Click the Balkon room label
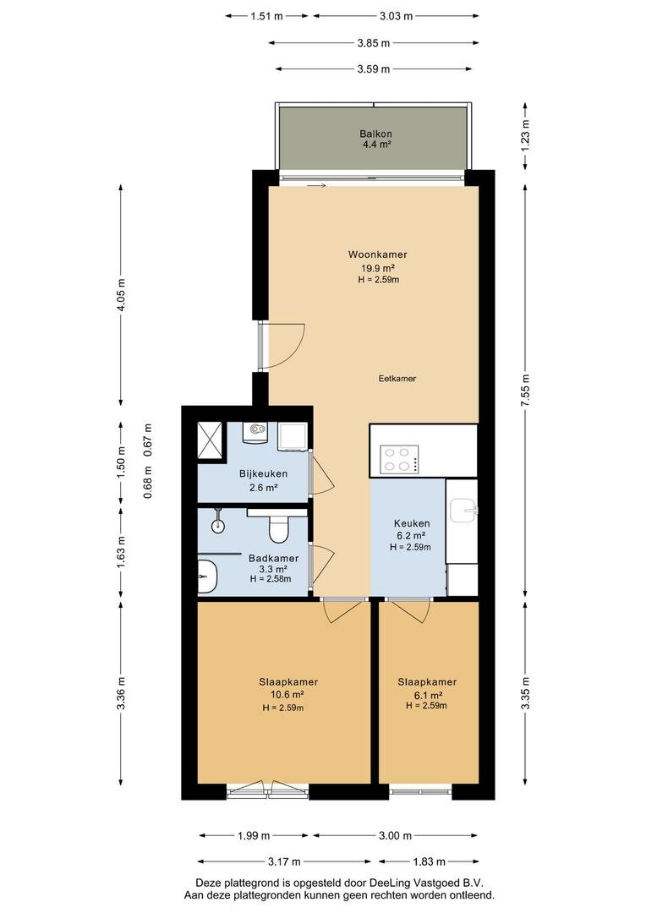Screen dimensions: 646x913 375,134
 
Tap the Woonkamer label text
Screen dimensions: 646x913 377,254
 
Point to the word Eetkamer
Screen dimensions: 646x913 397,379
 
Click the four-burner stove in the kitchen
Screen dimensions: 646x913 400,459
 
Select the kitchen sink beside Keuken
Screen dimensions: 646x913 463,511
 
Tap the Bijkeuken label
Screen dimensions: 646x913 263,474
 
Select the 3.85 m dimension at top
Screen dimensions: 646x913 374,42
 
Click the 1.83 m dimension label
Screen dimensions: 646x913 429,861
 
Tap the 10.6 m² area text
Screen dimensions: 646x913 287,695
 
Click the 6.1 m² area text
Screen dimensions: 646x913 427,695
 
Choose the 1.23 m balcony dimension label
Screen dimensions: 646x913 526,135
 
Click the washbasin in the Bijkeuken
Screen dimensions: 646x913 256,432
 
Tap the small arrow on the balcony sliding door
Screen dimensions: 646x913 315,186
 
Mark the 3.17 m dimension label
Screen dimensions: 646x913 283,861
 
